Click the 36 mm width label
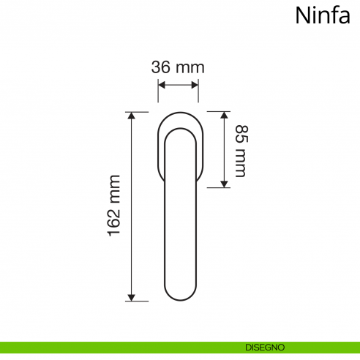point(177,67)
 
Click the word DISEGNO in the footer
point(265,348)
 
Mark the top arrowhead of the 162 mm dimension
point(132,116)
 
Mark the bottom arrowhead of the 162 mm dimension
point(132,296)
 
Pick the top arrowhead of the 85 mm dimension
point(225,116)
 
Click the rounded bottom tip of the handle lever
point(178,299)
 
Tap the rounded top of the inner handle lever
point(178,130)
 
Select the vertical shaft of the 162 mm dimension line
point(132,206)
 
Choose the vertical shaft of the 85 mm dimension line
point(225,150)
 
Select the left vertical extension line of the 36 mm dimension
point(158,91)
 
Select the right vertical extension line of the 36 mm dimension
point(198,91)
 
